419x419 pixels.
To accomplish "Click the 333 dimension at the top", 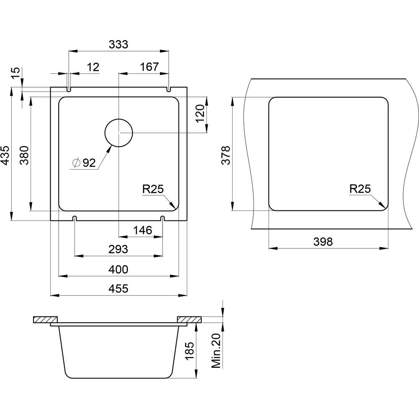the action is tap(119, 44).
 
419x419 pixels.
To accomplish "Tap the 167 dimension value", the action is tap(150, 67).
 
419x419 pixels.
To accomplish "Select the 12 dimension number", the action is tap(93, 67).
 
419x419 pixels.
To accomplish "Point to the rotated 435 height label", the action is tap(5, 155).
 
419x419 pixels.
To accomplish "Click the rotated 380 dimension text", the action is tap(24, 155).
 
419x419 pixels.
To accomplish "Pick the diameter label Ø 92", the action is tap(84, 163).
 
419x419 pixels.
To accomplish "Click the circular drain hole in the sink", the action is tap(119, 133).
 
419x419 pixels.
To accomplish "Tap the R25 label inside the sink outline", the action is tap(153, 189).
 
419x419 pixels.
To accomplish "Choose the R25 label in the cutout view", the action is tap(360, 189).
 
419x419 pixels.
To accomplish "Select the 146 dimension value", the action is tap(142, 230).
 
